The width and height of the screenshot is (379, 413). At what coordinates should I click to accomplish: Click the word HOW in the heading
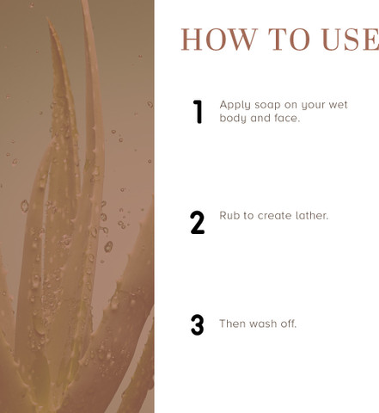pyautogui.click(x=219, y=40)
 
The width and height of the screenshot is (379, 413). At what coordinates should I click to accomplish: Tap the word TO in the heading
pyautogui.click(x=289, y=40)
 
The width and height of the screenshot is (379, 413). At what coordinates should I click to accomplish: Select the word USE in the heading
pyautogui.click(x=350, y=40)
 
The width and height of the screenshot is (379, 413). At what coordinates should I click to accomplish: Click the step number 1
pyautogui.click(x=198, y=112)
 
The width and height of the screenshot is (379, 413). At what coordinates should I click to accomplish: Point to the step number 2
pyautogui.click(x=198, y=223)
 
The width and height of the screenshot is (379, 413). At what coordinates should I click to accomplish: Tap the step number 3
pyautogui.click(x=198, y=324)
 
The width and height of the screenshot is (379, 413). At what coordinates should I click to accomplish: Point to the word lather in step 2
pyautogui.click(x=308, y=215)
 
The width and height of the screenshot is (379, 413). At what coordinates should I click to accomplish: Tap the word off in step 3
pyautogui.click(x=288, y=324)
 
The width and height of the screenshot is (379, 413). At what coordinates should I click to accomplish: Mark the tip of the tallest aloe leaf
pyautogui.click(x=84, y=1)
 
